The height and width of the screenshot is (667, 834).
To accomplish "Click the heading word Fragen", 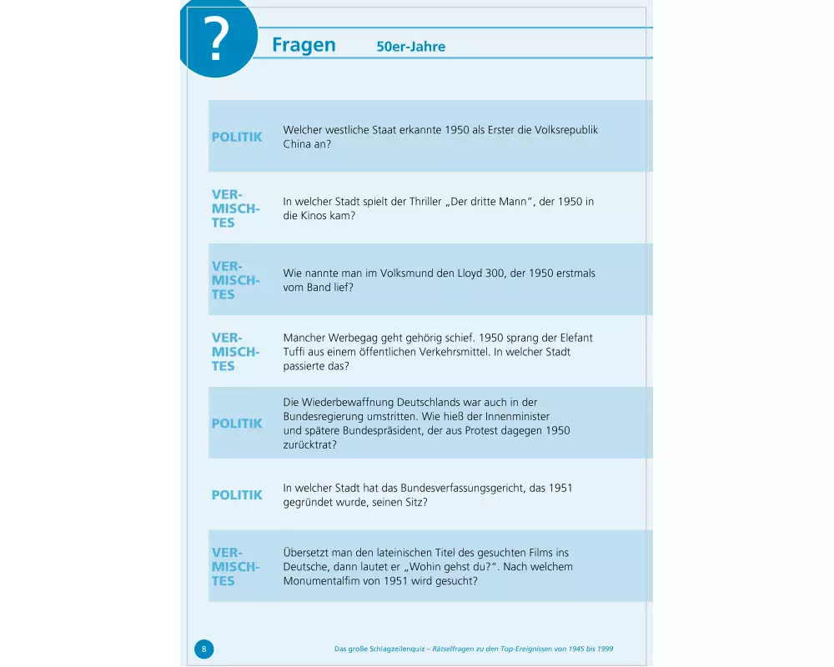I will coord(304,45).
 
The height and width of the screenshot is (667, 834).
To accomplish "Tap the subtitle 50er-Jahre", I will coord(410,47).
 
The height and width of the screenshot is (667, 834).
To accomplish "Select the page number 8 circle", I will coord(203,649).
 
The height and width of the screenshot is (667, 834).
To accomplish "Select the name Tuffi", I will coord(296,352).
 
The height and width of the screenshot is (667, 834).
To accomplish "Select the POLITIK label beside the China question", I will coord(237,137).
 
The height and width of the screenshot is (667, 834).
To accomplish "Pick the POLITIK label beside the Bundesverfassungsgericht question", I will coord(237,495).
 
